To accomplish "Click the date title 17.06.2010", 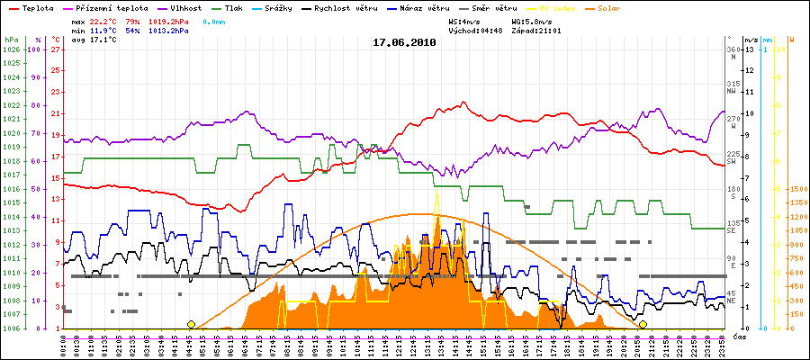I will tap(404, 41).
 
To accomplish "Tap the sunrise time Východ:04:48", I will tap(472, 30).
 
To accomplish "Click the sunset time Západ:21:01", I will tap(535, 30).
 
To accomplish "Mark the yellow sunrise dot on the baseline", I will tap(191, 324).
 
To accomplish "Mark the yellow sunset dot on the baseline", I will tap(643, 324).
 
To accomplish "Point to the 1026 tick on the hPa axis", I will tap(11, 49).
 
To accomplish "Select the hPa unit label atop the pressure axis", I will tap(11, 40).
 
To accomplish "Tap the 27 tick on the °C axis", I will tap(56, 49).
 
